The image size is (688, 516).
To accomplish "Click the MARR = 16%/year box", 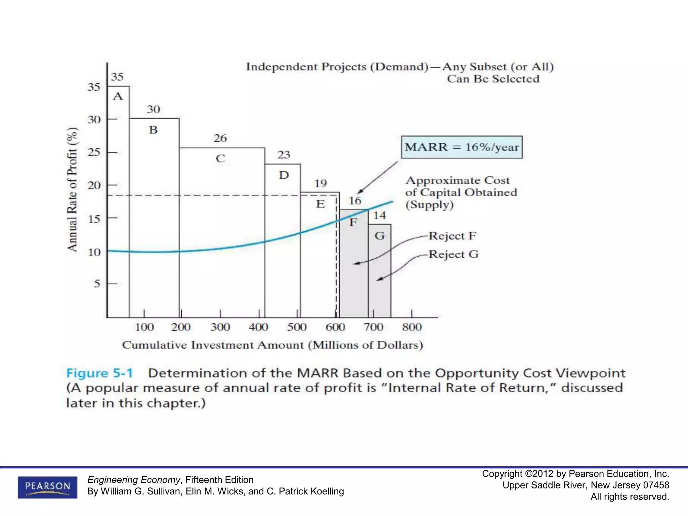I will tap(462, 147).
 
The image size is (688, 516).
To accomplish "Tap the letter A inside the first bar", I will tap(118, 96).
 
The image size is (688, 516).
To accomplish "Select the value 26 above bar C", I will tap(220, 138).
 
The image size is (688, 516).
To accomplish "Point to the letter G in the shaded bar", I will tap(380, 236).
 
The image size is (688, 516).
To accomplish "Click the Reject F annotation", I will tap(452, 236).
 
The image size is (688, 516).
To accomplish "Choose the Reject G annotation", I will tap(454, 254).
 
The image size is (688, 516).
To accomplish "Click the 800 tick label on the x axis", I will tap(412, 327).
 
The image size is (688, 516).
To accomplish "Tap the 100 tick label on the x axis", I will tap(144, 327).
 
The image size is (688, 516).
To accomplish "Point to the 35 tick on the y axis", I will tap(94, 87).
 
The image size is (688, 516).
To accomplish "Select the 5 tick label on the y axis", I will tap(97, 284).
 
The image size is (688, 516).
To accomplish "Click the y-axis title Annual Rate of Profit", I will tap(72, 189).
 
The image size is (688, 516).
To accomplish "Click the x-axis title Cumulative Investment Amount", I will tap(272, 345).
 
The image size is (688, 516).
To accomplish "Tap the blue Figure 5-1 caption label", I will tap(99, 373).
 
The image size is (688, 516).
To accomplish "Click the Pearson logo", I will tap(47, 487).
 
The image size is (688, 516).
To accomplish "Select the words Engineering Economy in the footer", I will tap(134, 480).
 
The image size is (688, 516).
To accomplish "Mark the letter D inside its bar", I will tap(284, 175).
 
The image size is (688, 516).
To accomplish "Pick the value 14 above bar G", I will tap(380, 215).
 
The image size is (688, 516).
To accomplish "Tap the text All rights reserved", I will tap(630, 497).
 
